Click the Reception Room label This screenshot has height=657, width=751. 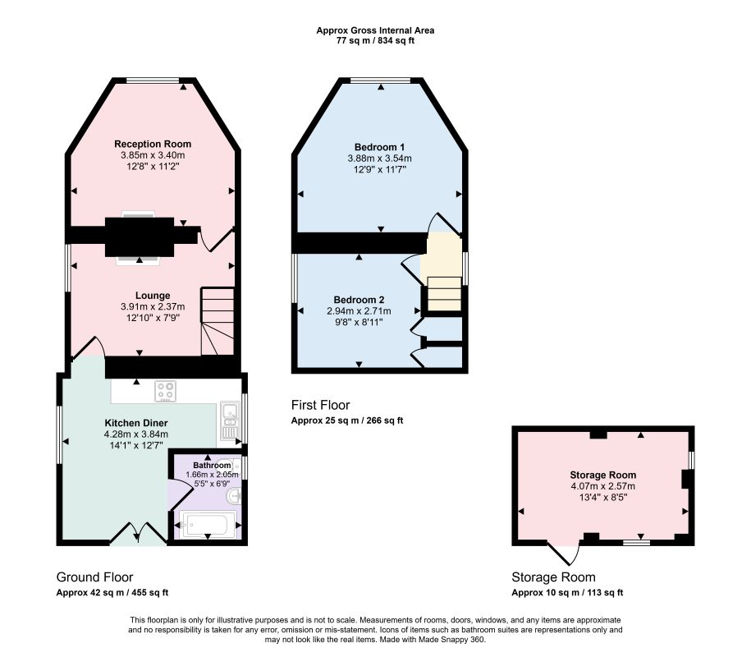pyautogui.click(x=153, y=144)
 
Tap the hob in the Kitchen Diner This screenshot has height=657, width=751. pyautogui.click(x=165, y=391)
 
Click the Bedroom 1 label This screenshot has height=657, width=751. pyautogui.click(x=379, y=147)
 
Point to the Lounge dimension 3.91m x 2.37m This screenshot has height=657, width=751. pyautogui.click(x=153, y=306)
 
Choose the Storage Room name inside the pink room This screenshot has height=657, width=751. pyautogui.click(x=603, y=475)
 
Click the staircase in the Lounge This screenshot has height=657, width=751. pyautogui.click(x=218, y=321)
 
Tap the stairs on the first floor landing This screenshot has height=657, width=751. pyautogui.click(x=445, y=293)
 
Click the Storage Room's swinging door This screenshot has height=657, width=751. pyautogui.click(x=564, y=554)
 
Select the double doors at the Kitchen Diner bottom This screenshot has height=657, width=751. pyautogui.click(x=139, y=533)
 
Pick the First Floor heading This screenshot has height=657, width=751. pyautogui.click(x=320, y=405)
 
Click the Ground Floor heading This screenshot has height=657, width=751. pyautogui.click(x=95, y=577)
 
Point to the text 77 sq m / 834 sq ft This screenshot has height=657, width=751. pyautogui.click(x=376, y=41)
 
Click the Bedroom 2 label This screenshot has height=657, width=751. pyautogui.click(x=359, y=300)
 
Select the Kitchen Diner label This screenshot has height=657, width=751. pyautogui.click(x=136, y=423)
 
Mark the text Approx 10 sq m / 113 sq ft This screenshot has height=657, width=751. pyautogui.click(x=567, y=593)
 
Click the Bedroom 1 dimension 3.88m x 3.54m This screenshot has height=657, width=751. pyautogui.click(x=379, y=159)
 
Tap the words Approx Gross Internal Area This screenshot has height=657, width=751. pyautogui.click(x=376, y=30)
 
